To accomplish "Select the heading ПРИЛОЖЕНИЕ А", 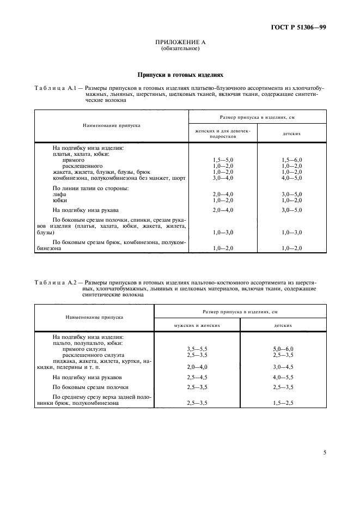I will click(180, 42).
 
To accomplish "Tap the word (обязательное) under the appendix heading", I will click(180, 48).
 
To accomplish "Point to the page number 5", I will click(325, 452).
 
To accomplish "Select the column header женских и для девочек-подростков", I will click(223, 134).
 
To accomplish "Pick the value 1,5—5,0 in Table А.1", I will click(223, 160).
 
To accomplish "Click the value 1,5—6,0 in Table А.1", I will click(292, 160).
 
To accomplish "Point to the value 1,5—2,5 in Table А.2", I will click(283, 403).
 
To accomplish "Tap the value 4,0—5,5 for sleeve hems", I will click(283, 377).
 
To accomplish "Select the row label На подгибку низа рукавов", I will click(87, 377).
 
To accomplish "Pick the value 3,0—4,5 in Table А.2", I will click(283, 367).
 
